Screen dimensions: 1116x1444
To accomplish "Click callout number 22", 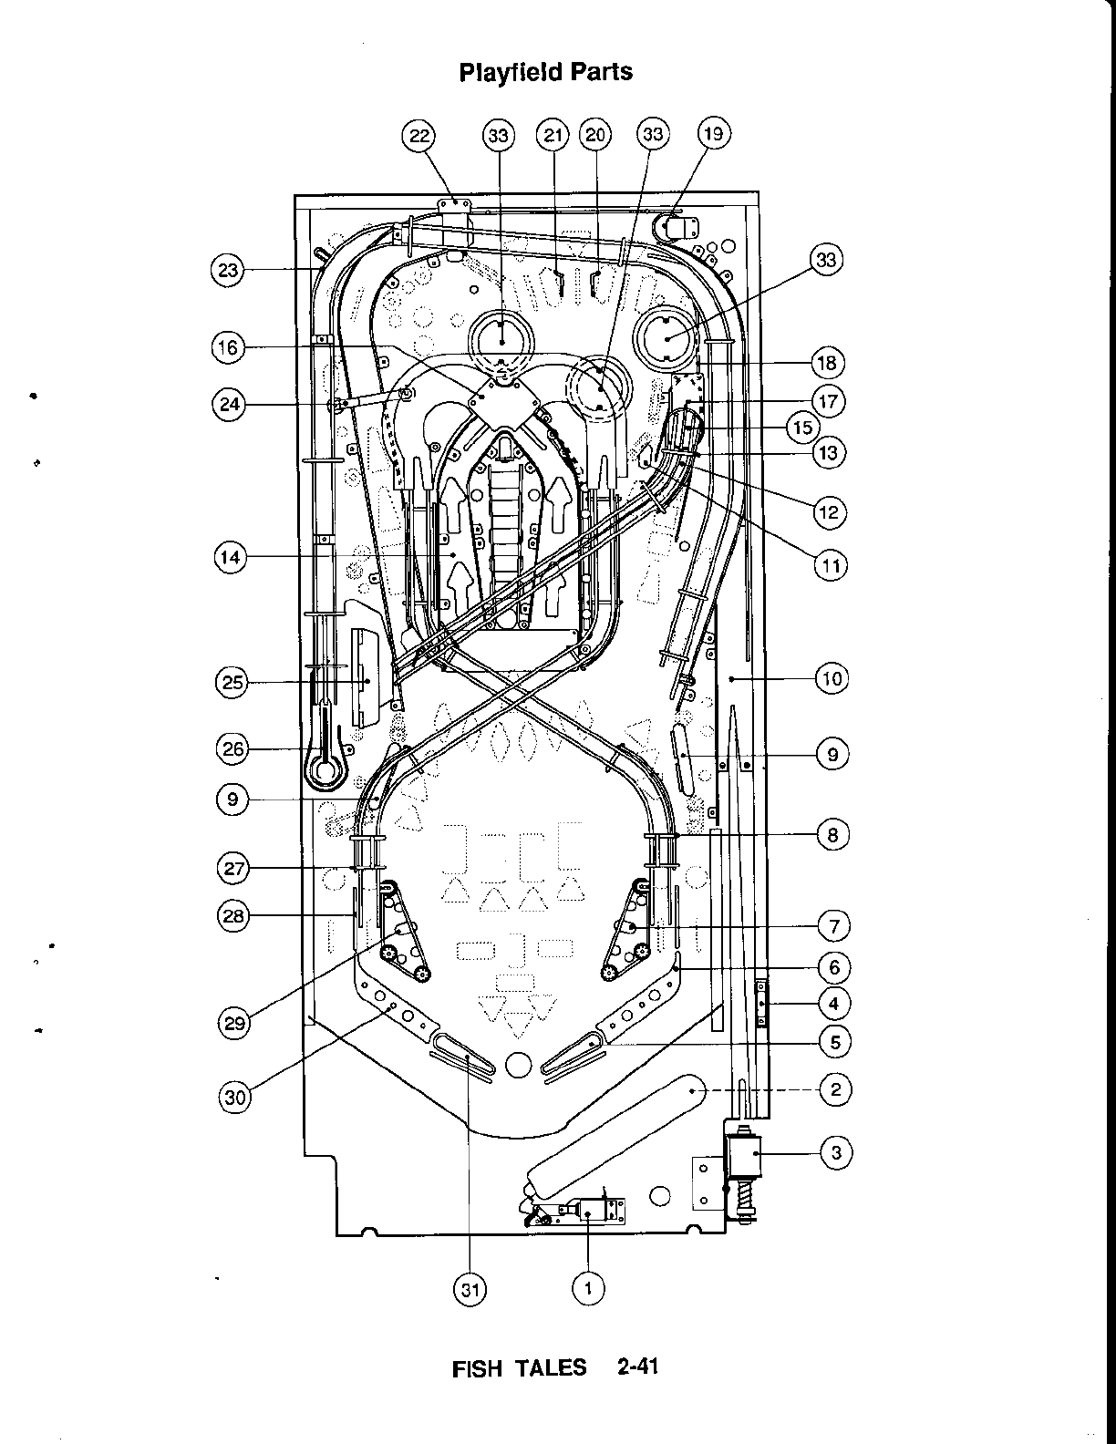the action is tap(418, 136).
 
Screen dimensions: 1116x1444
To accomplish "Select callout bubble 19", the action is tap(713, 135).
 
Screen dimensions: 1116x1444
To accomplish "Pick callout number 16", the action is tap(228, 347).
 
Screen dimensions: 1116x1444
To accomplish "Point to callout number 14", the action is tap(232, 557).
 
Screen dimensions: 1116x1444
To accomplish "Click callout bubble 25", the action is tap(233, 683).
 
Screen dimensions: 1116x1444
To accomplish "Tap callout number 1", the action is tap(588, 1288).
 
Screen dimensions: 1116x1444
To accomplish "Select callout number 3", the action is tap(837, 1153).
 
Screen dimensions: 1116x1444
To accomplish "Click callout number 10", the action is tap(832, 678).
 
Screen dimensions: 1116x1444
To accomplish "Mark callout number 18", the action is tap(827, 363).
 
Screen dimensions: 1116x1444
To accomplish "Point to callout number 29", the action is tap(235, 1023).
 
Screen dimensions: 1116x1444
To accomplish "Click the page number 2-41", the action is tap(636, 1367).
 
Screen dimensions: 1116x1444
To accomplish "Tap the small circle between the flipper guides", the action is tap(517, 1063).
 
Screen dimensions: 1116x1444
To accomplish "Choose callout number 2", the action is tap(835, 1089).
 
